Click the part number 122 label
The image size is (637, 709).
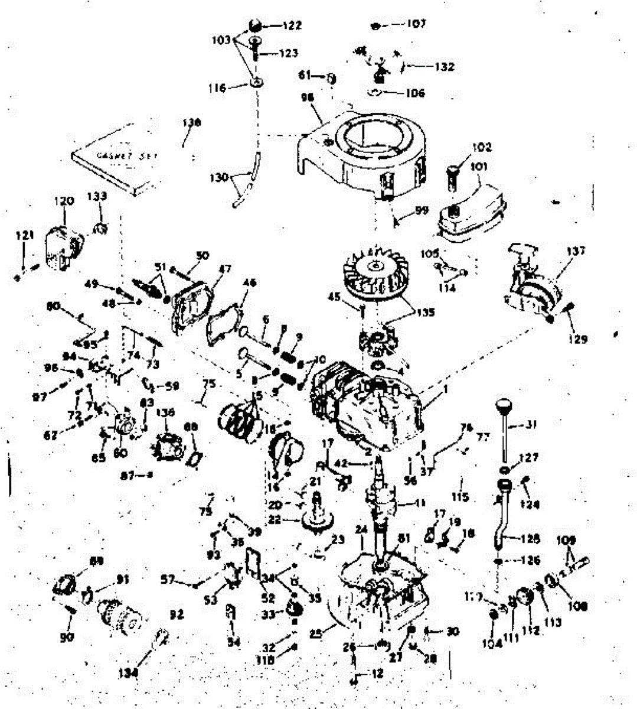tap(292, 25)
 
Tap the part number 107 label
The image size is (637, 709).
tap(416, 24)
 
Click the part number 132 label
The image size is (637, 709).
tap(444, 67)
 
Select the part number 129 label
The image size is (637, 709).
tap(577, 339)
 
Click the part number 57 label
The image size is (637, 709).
tap(168, 581)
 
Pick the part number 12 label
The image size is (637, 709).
tap(377, 673)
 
